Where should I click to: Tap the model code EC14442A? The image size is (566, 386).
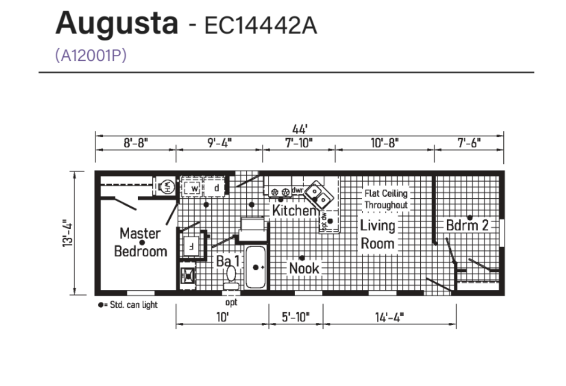point(260,25)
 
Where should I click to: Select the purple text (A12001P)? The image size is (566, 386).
point(91,55)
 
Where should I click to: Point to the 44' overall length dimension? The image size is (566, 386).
point(300,129)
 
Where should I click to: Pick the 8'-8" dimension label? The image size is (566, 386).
point(136,143)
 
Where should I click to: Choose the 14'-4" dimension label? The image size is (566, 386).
point(390,318)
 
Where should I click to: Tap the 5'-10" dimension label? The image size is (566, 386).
point(296,317)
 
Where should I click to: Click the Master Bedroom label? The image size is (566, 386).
point(141,242)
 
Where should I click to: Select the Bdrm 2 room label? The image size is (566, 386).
point(467,225)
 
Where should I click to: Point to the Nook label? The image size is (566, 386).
point(304,268)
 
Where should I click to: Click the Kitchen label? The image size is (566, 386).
point(294,210)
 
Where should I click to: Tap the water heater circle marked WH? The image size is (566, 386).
point(167,187)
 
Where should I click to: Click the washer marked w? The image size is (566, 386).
point(194,188)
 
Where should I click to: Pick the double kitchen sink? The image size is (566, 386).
point(319,194)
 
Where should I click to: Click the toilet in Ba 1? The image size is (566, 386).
point(231,278)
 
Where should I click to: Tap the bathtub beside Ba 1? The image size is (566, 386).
point(256,267)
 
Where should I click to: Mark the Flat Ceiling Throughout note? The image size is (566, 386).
point(386,199)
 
